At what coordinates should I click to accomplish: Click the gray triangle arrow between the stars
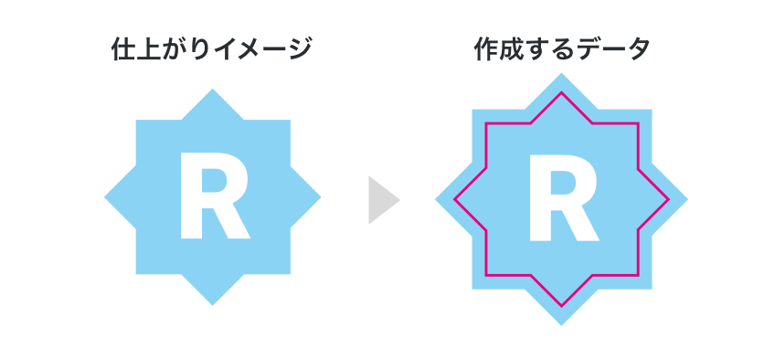[382, 199]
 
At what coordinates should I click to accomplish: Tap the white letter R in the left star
[213, 197]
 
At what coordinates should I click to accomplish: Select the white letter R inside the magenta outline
[562, 197]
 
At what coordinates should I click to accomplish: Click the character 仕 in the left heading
[123, 49]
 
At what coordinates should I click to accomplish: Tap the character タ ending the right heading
[637, 49]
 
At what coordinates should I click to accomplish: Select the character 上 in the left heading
[148, 49]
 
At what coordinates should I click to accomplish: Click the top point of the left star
[213, 90]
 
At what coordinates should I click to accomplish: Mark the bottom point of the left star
[213, 303]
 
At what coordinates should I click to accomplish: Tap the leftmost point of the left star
[106, 196]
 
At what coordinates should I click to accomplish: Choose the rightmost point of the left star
[320, 196]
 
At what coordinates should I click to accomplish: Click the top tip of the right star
[561, 73]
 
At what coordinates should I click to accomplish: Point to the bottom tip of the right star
[561, 323]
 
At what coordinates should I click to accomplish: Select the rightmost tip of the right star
[685, 198]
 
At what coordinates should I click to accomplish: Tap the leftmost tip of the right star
[436, 198]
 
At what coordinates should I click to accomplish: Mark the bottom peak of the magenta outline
[561, 302]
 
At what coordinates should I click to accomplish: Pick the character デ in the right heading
[588, 49]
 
